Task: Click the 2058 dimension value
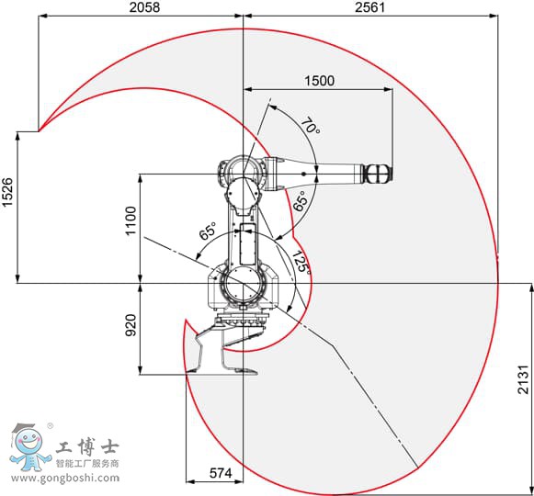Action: click(x=144, y=7)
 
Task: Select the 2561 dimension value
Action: click(x=369, y=7)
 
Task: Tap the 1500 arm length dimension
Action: click(x=319, y=81)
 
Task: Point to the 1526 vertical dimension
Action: click(x=7, y=192)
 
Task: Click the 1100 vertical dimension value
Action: click(x=131, y=220)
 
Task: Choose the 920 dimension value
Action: click(x=131, y=325)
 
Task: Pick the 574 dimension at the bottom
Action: click(x=221, y=473)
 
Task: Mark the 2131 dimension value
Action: click(x=524, y=380)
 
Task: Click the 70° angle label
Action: click(x=310, y=126)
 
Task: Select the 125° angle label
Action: click(x=301, y=262)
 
